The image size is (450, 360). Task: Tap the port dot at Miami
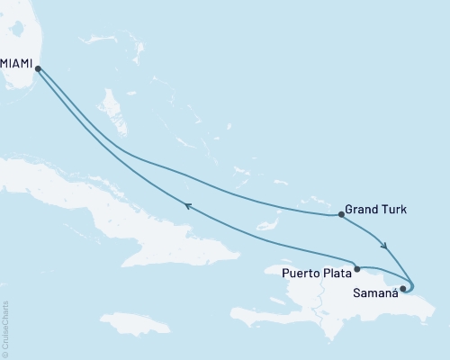[38, 67]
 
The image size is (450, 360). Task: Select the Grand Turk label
[376, 210]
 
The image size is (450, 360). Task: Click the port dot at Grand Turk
[340, 214]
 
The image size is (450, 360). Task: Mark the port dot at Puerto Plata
[357, 268]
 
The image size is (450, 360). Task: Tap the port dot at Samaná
[402, 289]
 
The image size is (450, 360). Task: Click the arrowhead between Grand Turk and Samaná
[385, 245]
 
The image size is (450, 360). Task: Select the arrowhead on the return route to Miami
[188, 206]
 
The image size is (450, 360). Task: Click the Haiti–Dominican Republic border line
[317, 301]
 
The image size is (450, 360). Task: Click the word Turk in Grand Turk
[394, 210]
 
